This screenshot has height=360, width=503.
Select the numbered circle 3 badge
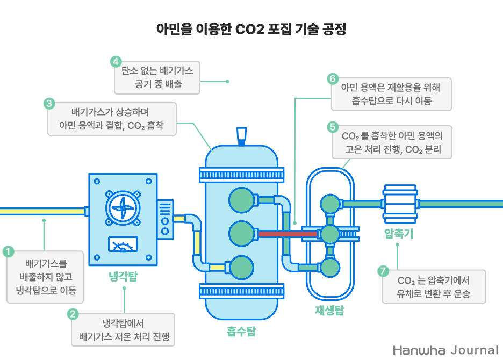(x=48, y=103)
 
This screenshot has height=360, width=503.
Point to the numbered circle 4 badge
(x=116, y=61)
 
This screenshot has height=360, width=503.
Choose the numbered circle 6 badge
(x=333, y=79)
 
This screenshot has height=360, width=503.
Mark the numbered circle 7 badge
(x=383, y=271)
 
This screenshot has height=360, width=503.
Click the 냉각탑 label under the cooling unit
(x=123, y=277)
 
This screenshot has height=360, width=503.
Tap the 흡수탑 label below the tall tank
(x=241, y=332)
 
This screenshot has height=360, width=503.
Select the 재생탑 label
(x=329, y=310)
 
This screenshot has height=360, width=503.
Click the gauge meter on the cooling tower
(x=123, y=244)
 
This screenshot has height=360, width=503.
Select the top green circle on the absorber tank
(x=241, y=200)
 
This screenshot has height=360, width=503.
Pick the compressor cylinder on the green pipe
(x=400, y=204)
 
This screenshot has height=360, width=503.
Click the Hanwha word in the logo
(x=419, y=350)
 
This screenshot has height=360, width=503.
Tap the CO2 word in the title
(x=248, y=28)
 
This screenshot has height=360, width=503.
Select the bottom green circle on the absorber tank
(x=241, y=267)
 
